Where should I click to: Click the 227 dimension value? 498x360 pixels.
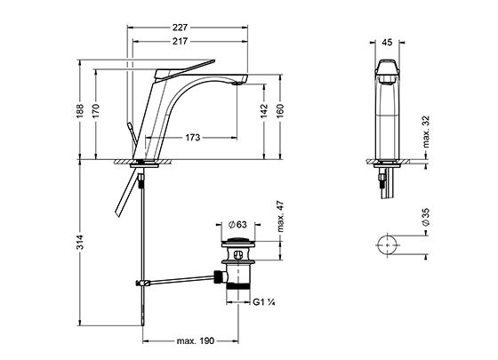[x=180, y=28]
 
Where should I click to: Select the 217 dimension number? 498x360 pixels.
[x=180, y=41]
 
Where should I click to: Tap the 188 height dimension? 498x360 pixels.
[x=80, y=111]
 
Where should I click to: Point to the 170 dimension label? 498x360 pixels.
[x=96, y=111]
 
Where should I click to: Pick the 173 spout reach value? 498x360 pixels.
[x=193, y=138]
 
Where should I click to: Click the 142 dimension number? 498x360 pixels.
[x=264, y=111]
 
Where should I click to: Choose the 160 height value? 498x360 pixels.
[x=280, y=111]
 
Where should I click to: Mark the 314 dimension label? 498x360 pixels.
[x=80, y=242]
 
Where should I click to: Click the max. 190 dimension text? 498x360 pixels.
[x=196, y=341]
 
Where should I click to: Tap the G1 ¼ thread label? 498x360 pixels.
[x=264, y=302]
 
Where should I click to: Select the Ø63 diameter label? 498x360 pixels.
[x=237, y=224]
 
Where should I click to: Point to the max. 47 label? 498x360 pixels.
[x=280, y=217]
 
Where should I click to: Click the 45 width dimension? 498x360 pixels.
[x=387, y=43]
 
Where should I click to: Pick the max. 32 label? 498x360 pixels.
[x=426, y=132]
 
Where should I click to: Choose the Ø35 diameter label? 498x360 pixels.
[x=426, y=217]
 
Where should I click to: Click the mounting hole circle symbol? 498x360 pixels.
[x=388, y=245]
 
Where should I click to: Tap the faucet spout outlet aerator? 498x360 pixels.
[x=237, y=84]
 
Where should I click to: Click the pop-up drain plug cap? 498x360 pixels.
[x=237, y=240]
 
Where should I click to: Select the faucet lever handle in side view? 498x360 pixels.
[x=185, y=69]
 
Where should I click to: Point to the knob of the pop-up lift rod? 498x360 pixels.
[x=130, y=126]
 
